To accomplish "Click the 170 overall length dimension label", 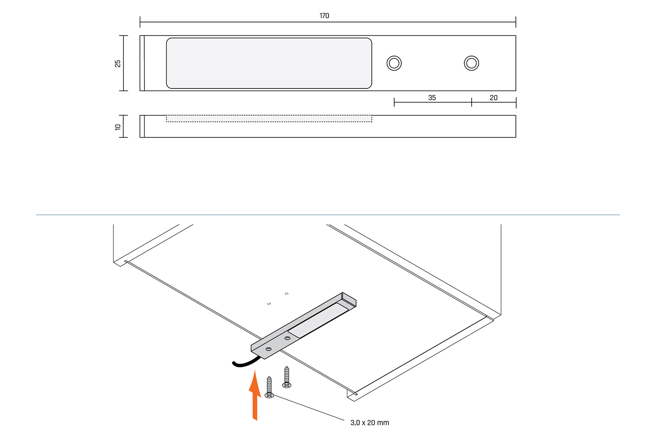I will click(324, 16).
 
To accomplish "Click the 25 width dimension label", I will click(117, 64).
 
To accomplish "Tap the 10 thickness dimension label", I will click(117, 127).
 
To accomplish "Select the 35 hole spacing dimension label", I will click(432, 98).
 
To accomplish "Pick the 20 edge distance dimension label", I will click(494, 98).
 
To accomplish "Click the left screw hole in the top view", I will click(394, 63).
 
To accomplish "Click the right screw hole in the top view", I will click(471, 63).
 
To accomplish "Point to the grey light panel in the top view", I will click(269, 63).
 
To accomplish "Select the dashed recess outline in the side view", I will click(269, 119).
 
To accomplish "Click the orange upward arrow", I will click(254, 394).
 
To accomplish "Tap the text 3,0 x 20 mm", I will click(370, 423).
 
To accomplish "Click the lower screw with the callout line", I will click(269, 388).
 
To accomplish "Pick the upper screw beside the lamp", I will click(286, 377).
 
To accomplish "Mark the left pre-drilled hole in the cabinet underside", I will click(269, 303).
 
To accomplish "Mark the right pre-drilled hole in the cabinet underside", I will click(286, 293).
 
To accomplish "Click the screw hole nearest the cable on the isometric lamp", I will click(268, 349).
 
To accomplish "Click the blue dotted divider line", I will click(328, 215).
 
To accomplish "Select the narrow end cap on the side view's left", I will click(142, 126).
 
